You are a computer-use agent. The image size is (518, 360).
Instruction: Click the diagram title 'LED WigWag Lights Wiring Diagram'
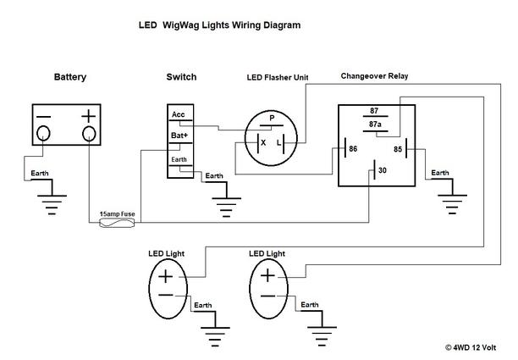(219, 25)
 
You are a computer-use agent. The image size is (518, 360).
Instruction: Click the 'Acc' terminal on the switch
(179, 114)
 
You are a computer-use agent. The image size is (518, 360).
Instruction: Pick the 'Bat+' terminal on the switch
(179, 136)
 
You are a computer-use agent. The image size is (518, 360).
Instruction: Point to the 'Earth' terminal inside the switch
(179, 158)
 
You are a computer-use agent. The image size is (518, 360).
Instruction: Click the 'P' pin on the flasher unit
(271, 118)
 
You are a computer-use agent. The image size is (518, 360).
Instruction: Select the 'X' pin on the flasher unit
(262, 143)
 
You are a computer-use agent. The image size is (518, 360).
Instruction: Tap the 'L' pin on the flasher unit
(280, 143)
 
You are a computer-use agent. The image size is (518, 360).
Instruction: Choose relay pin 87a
(376, 125)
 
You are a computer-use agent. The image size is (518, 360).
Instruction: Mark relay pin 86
(351, 150)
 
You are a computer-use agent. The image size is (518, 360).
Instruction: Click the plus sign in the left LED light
(166, 277)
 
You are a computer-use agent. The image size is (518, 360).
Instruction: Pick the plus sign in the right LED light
(268, 275)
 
